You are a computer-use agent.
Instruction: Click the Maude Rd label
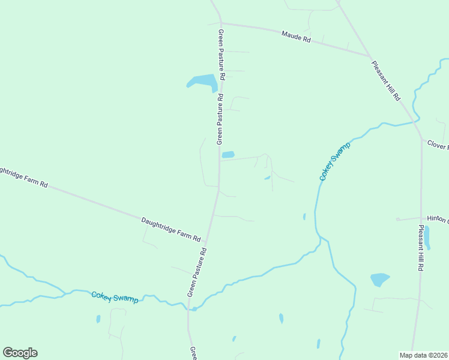297,37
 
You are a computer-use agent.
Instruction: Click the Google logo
20,352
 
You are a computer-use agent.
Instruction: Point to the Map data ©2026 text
423,355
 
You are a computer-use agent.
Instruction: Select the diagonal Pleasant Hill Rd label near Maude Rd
385,81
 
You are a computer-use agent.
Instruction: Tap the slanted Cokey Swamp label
334,162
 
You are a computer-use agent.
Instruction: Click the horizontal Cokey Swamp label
115,297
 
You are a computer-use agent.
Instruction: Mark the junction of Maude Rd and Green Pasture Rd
221,23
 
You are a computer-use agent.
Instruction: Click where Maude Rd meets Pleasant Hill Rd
369,56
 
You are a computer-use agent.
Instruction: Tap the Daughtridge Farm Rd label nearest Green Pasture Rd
171,230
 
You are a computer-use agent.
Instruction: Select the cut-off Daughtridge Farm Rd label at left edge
23,178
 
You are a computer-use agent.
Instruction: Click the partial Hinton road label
437,219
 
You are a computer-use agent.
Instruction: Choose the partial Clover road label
438,145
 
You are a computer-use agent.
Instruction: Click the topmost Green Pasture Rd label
221,55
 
